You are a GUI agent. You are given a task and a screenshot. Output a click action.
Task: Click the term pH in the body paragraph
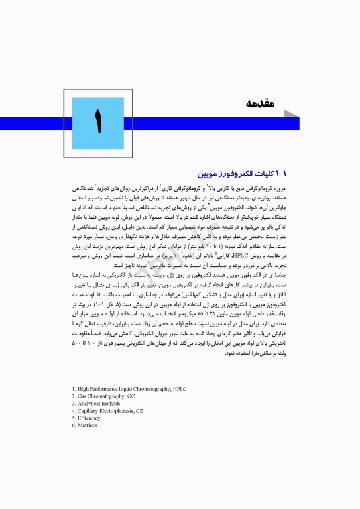click(x=76, y=308)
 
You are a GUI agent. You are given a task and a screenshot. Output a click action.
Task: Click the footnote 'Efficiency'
click(x=89, y=418)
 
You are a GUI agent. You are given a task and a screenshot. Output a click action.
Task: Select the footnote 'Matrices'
click(x=87, y=425)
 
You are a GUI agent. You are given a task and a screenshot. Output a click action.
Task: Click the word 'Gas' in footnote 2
click(x=83, y=396)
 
